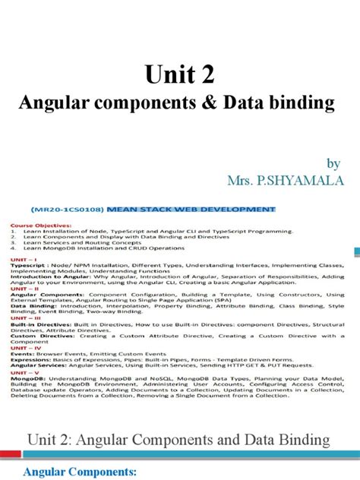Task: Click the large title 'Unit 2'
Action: [180, 75]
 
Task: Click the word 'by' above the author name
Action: [333, 163]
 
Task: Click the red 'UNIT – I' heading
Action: [24, 257]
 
